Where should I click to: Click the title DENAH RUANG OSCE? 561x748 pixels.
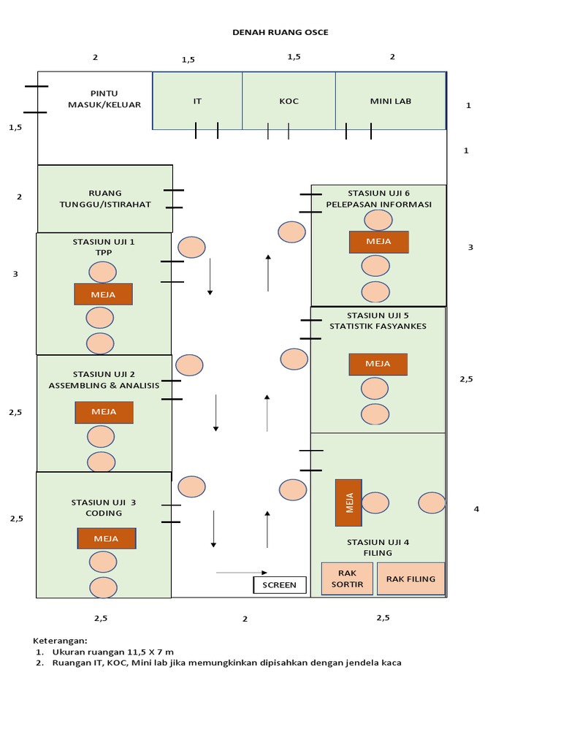coord(280,32)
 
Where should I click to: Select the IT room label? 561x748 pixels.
coord(197,101)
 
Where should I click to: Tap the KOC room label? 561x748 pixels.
coord(289,101)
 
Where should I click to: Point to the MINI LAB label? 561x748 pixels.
coord(390,101)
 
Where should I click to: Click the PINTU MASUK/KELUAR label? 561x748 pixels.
coord(104,99)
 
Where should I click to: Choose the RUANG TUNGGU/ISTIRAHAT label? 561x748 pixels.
coord(104,199)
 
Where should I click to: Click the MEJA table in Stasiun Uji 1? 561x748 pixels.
coord(103,294)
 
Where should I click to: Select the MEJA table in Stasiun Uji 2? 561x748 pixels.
coord(104,412)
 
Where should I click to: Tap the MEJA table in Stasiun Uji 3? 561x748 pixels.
coord(107,539)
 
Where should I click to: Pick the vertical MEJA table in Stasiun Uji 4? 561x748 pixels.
coord(348,503)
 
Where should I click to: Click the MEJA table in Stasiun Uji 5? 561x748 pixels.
coord(378,364)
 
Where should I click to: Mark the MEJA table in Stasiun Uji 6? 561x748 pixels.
coord(378,242)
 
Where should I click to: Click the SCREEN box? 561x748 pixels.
coord(279,584)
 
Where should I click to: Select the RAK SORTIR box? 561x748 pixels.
coord(347,579)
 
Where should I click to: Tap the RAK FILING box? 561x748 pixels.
coord(411,579)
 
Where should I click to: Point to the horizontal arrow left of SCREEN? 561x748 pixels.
coord(242,573)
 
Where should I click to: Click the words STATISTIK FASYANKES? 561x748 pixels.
coord(378,326)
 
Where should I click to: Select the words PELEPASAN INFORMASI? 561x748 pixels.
coord(378,204)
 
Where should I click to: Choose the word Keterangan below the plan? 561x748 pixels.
coord(60,640)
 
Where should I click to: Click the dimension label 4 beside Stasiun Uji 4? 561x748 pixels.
coord(476,509)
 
